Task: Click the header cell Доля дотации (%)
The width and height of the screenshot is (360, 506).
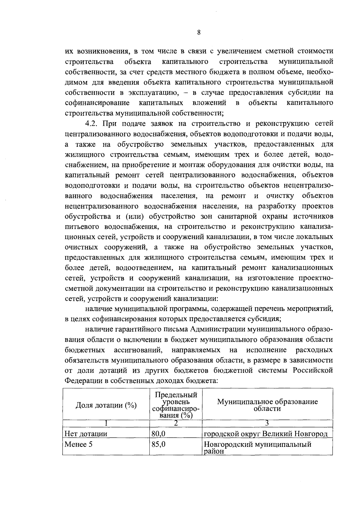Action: (106, 405)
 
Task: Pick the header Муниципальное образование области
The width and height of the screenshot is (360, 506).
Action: (267, 405)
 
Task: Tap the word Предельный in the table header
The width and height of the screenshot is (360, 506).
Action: (176, 395)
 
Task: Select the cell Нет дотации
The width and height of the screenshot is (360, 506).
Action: (86, 434)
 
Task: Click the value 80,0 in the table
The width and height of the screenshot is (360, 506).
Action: (158, 434)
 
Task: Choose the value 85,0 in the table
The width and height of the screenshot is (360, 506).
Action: (158, 444)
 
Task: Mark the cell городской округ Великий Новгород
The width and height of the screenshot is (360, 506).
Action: (265, 434)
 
